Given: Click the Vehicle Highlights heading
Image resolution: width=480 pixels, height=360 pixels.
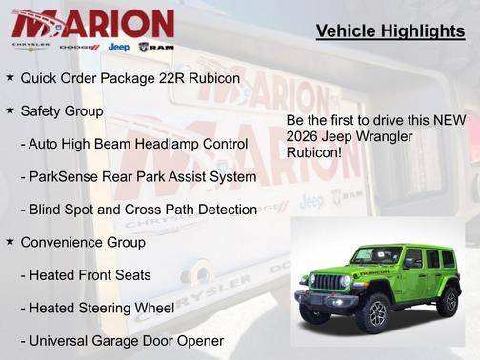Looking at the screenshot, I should pos(390,32).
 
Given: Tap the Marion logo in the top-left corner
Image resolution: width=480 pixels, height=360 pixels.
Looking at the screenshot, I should pos(92,23).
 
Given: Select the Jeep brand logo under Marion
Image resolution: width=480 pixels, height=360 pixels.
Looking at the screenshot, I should pos(119,46).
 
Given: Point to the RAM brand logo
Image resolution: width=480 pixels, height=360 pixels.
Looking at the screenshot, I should pos(155,46).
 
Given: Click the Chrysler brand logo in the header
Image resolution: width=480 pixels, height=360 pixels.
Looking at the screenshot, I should pos(30,46).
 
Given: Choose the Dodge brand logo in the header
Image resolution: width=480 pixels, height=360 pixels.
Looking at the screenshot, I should pos(79,46).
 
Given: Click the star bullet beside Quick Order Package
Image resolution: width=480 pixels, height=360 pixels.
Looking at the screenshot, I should pos(10,75).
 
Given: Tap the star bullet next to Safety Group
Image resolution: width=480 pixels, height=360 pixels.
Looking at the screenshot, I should pos(10,110).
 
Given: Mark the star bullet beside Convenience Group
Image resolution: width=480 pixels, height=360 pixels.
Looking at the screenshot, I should pos(10,242).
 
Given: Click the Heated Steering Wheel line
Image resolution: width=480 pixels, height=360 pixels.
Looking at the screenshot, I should pos(97,308).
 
